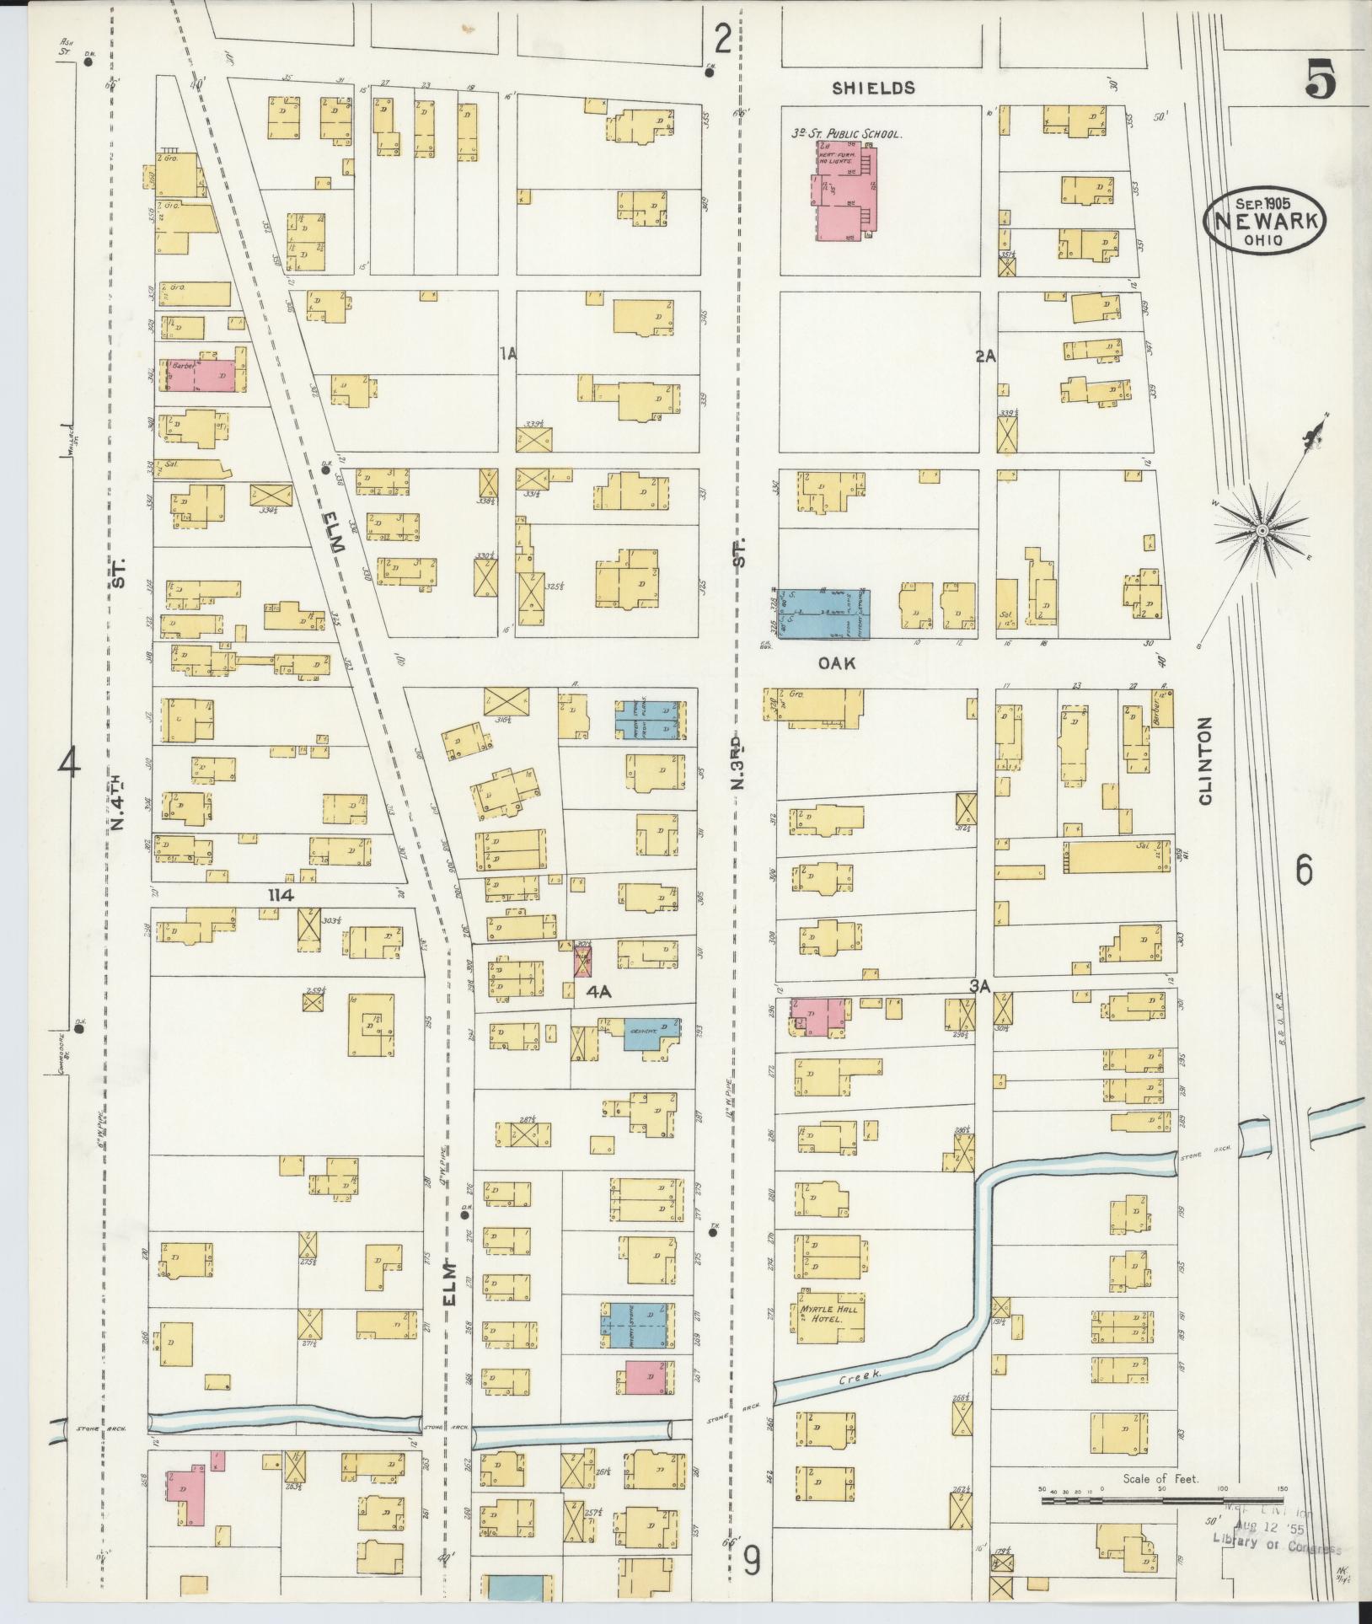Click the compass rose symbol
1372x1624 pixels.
pos(1261,530)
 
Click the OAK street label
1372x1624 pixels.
pos(837,663)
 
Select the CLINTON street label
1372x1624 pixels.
pos(1204,761)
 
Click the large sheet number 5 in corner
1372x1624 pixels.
pos(1321,83)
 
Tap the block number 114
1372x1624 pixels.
pos(280,896)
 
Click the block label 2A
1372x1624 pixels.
pos(985,356)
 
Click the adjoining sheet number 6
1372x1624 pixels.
pos(1303,870)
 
